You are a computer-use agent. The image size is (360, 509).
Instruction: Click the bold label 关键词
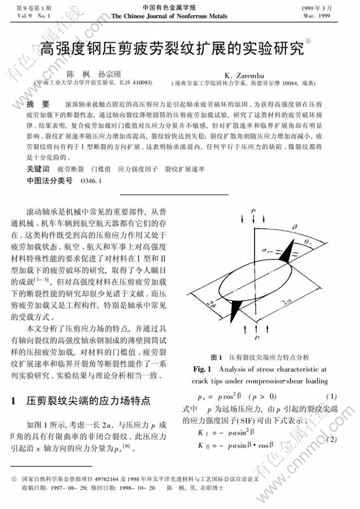pos(38,169)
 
